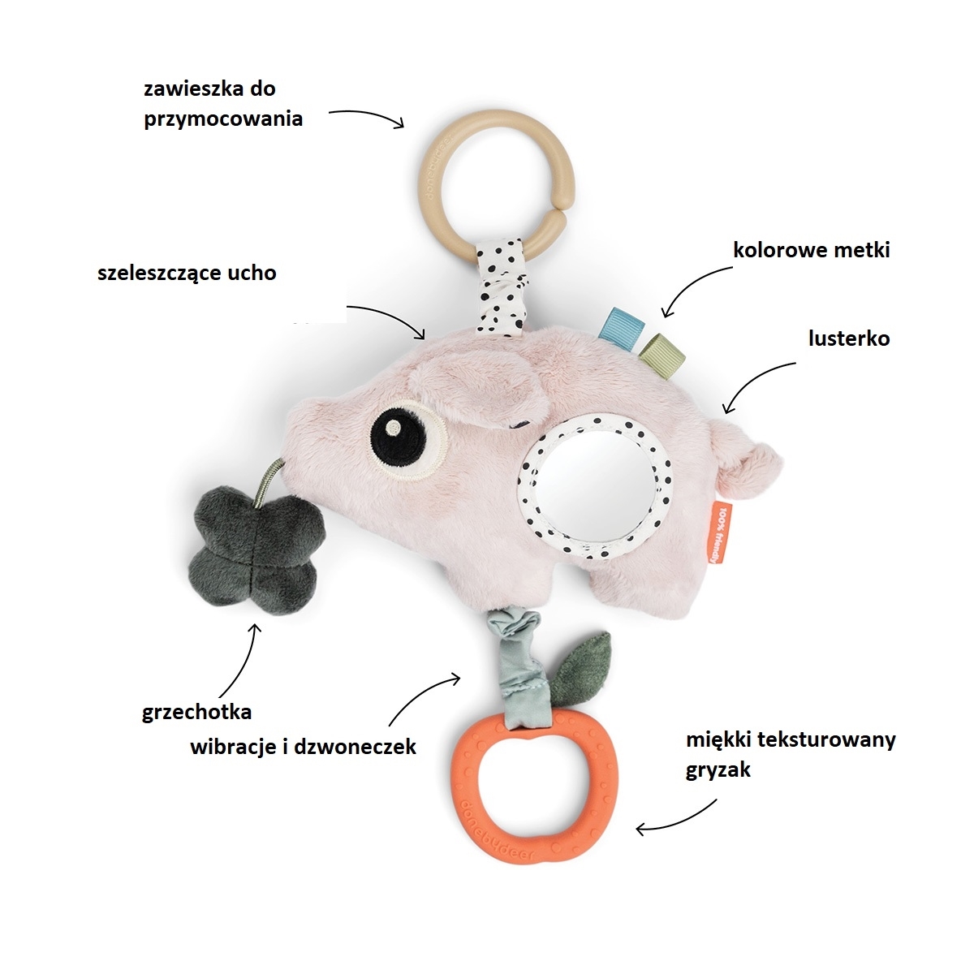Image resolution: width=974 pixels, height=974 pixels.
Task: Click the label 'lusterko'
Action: point(848,338)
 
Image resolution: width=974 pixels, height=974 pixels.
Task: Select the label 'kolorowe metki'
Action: point(811,250)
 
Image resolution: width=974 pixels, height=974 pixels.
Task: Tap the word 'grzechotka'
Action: point(196,713)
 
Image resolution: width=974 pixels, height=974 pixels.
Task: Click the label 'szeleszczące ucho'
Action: point(187,273)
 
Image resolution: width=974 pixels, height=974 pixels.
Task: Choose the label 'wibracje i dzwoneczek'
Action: point(303,747)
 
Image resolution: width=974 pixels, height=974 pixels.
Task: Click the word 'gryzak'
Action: point(718,769)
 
